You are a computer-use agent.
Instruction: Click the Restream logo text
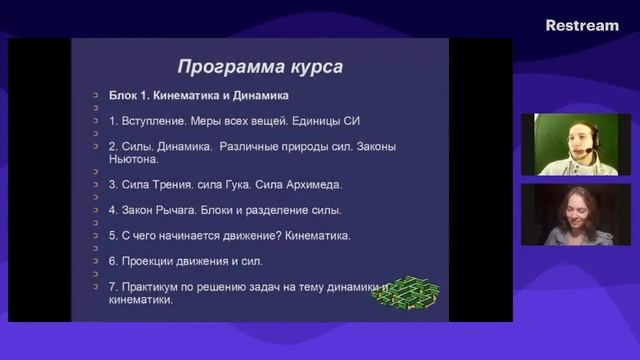(x=582, y=25)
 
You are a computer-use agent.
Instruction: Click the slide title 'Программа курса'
(x=260, y=67)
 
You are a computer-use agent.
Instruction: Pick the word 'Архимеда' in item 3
(x=313, y=184)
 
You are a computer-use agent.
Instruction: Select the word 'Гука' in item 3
(x=246, y=184)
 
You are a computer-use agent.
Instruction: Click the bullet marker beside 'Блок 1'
(x=90, y=96)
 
